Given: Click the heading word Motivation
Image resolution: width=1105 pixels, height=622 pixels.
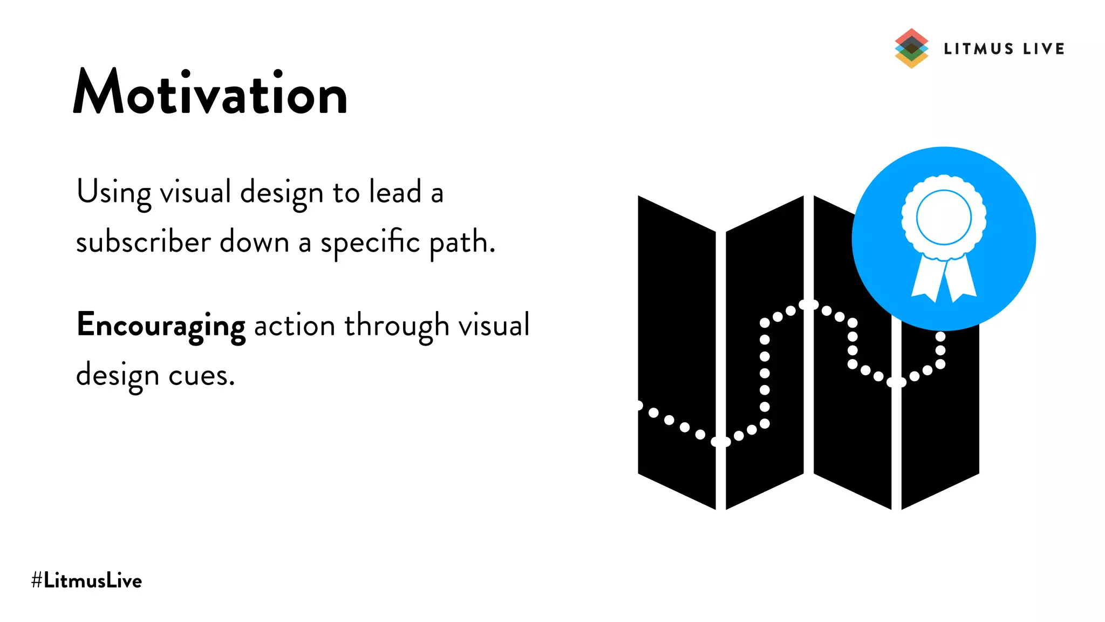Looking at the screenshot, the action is [210, 93].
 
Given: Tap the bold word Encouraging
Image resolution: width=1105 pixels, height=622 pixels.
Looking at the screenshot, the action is [161, 326].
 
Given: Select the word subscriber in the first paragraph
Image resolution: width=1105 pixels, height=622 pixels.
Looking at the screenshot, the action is [143, 242].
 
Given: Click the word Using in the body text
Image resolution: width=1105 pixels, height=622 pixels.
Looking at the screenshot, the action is [114, 193].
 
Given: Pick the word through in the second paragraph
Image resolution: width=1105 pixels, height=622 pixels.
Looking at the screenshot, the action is [397, 326].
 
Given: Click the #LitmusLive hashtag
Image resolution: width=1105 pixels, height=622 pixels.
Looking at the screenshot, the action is [87, 581].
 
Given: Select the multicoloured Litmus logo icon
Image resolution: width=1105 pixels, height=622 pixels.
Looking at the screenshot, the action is [911, 49].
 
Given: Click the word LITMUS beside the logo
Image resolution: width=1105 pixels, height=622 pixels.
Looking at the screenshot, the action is [979, 49].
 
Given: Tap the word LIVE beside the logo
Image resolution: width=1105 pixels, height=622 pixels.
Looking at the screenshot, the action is [1043, 49].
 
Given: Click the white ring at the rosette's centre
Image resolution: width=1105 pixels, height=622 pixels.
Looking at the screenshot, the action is [944, 218].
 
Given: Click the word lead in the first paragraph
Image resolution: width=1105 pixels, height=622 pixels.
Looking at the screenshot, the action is [395, 192].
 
